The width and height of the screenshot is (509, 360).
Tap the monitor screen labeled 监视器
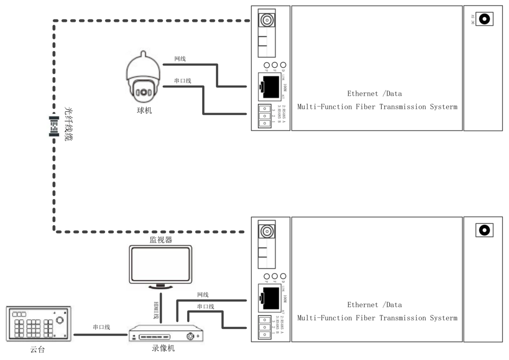[x=160, y=264]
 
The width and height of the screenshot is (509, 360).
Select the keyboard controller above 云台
[x=39, y=324]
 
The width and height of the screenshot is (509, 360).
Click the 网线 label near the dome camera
[x=180, y=59]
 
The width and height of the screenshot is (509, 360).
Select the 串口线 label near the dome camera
[x=183, y=81]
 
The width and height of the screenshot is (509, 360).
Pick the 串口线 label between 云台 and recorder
[x=101, y=327]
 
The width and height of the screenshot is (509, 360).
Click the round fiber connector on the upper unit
[x=266, y=19]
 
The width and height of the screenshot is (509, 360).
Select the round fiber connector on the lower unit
[x=266, y=231]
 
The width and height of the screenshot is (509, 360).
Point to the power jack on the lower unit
[x=485, y=230]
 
